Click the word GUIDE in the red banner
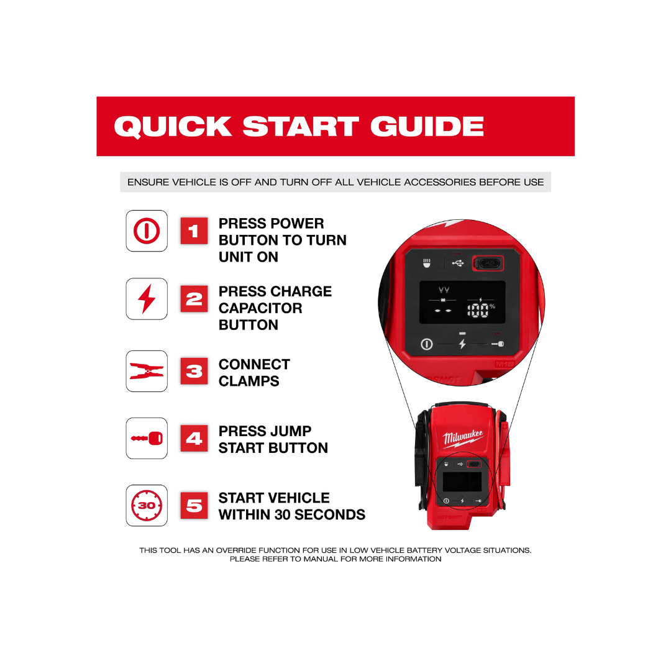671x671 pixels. pyautogui.click(x=427, y=126)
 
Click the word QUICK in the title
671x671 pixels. pyautogui.click(x=173, y=127)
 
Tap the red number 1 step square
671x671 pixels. pyautogui.click(x=194, y=231)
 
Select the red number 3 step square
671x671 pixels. pyautogui.click(x=194, y=371)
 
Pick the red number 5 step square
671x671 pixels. pyautogui.click(x=194, y=505)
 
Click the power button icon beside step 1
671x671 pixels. pyautogui.click(x=147, y=231)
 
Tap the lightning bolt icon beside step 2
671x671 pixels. pyautogui.click(x=147, y=299)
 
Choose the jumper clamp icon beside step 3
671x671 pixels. pyautogui.click(x=147, y=371)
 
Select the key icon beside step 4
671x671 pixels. pyautogui.click(x=147, y=438)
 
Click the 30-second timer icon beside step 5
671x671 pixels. pyautogui.click(x=147, y=505)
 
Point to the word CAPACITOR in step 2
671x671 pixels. pyautogui.click(x=260, y=308)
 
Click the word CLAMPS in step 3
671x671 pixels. pyautogui.click(x=249, y=381)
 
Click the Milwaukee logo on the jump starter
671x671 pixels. pyautogui.click(x=463, y=438)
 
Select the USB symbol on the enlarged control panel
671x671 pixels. pyautogui.click(x=458, y=262)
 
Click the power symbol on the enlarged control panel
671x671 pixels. pyautogui.click(x=427, y=344)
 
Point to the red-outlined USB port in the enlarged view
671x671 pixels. pyautogui.click(x=488, y=263)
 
